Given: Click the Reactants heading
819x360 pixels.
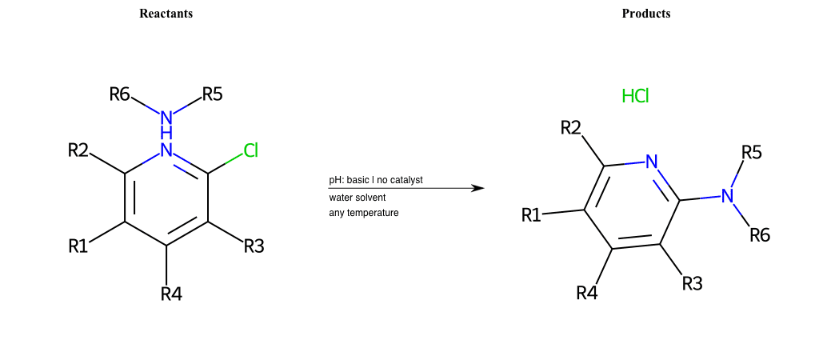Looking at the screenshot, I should tap(166, 14).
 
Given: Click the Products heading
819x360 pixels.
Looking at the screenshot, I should tap(646, 14).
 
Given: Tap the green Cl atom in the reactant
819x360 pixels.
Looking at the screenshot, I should tap(250, 150).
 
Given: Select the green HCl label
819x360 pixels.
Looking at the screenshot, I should tap(635, 97).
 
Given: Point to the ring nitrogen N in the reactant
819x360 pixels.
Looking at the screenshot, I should tap(166, 150).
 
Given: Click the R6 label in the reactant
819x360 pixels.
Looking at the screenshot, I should tap(119, 94).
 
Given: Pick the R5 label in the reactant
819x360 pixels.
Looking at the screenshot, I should tap(213, 94).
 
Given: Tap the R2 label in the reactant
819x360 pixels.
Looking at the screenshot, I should tap(78, 150).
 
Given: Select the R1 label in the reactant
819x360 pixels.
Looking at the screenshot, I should tap(78, 246).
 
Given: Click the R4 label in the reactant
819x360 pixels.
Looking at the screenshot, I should tap(171, 294).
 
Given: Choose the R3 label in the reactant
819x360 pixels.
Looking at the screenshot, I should tap(254, 246).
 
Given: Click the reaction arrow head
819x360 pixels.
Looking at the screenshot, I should tap(478, 188).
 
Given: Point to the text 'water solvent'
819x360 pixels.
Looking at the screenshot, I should tap(357, 197).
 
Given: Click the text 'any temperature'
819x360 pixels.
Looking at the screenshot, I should tap(363, 213).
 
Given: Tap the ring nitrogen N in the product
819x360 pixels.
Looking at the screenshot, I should tap(651, 162).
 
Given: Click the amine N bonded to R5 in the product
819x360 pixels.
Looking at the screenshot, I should tap(727, 196).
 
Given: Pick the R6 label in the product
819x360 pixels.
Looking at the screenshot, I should tap(760, 235).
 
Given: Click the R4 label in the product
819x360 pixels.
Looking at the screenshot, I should tap(587, 293).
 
